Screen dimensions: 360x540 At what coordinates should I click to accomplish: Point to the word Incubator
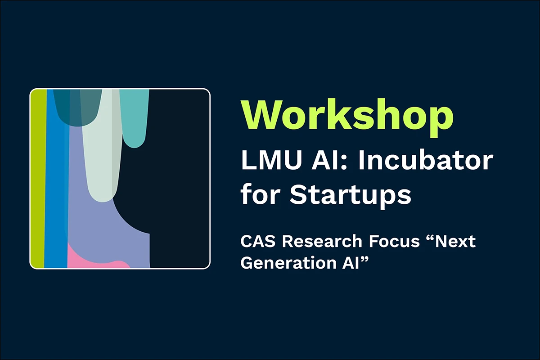[425, 161]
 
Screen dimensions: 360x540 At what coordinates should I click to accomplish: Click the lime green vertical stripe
[38, 180]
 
